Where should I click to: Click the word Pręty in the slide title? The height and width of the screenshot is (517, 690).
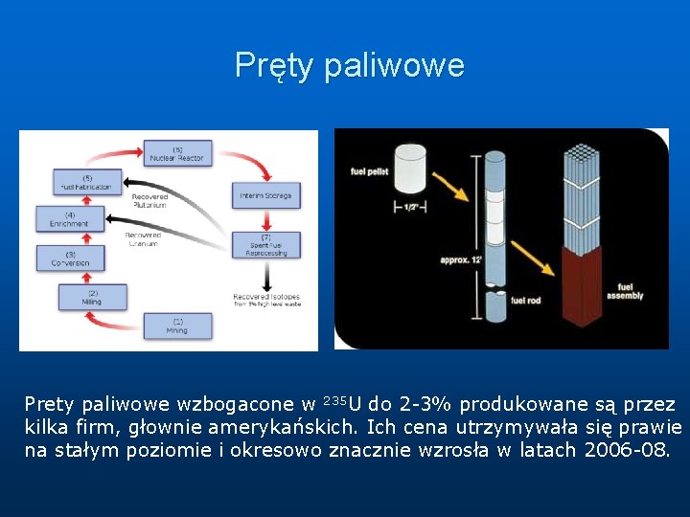pos(275,66)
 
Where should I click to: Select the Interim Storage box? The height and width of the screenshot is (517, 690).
pos(265,196)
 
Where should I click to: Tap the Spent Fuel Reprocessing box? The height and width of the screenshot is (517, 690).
pos(265,245)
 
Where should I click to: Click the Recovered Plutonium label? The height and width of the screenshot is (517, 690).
pos(149,201)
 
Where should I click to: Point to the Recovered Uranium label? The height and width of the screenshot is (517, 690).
pos(143,238)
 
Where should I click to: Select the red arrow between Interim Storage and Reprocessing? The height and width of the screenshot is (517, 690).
pos(265,219)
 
